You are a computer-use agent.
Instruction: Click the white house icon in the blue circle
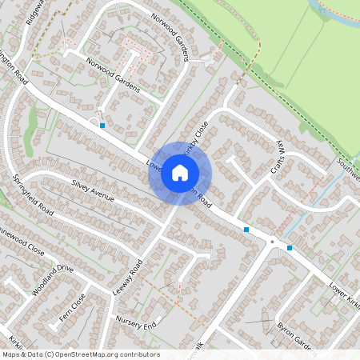pos(180,173)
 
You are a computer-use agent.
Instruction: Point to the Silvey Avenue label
pos(93,190)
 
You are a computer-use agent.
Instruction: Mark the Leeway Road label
pos(128,277)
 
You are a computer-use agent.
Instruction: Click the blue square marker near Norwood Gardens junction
pos(102,126)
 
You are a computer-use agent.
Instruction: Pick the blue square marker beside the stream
pos(289,248)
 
